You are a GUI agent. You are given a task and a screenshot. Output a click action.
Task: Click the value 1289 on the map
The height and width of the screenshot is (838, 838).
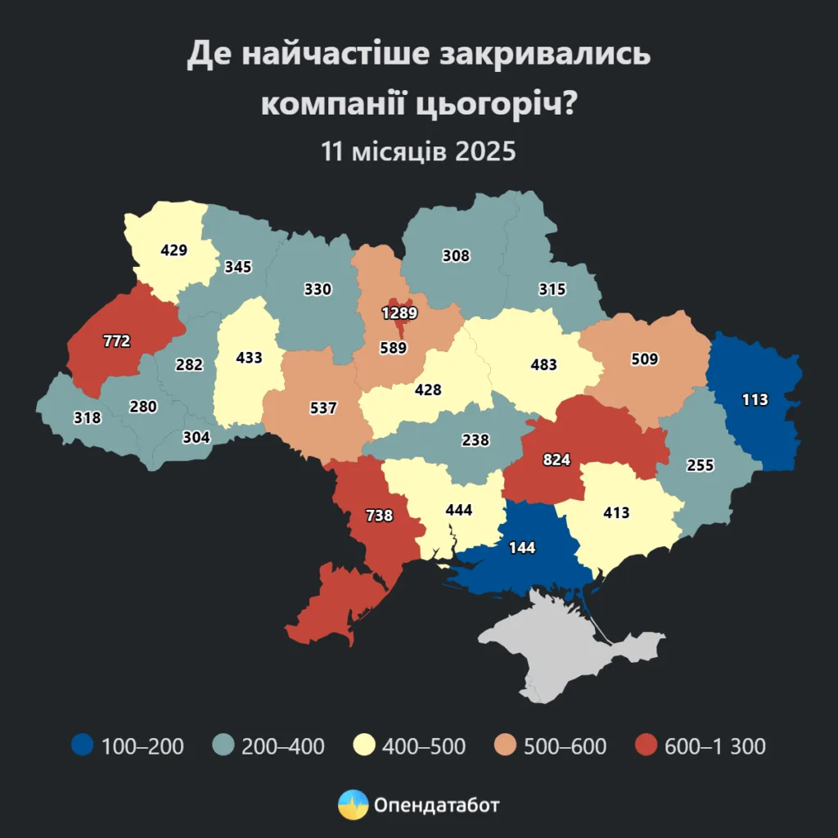click(399, 312)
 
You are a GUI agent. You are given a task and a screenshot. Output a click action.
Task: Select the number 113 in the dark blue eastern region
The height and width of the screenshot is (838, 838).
click(755, 399)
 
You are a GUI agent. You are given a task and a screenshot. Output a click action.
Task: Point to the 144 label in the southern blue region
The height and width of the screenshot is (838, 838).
click(521, 547)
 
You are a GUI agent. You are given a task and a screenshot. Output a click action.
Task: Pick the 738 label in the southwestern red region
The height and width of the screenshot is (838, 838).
click(379, 516)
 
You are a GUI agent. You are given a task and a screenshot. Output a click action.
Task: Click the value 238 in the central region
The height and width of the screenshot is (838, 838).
click(475, 439)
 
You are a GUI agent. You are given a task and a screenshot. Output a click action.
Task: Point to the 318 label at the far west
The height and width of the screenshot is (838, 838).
click(87, 417)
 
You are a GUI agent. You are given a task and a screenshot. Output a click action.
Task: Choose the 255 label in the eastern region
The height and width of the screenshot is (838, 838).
click(701, 465)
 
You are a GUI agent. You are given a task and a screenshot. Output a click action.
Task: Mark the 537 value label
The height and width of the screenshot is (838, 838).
click(323, 407)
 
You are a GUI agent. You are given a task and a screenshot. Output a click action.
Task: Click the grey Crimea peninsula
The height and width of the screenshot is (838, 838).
click(565, 647)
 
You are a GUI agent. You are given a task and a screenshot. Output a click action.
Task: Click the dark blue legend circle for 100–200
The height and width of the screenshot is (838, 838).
click(82, 746)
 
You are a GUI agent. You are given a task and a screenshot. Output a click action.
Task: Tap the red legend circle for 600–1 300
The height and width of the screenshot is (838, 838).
click(647, 746)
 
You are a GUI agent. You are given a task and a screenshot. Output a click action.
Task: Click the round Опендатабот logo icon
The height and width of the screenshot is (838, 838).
click(352, 804)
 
